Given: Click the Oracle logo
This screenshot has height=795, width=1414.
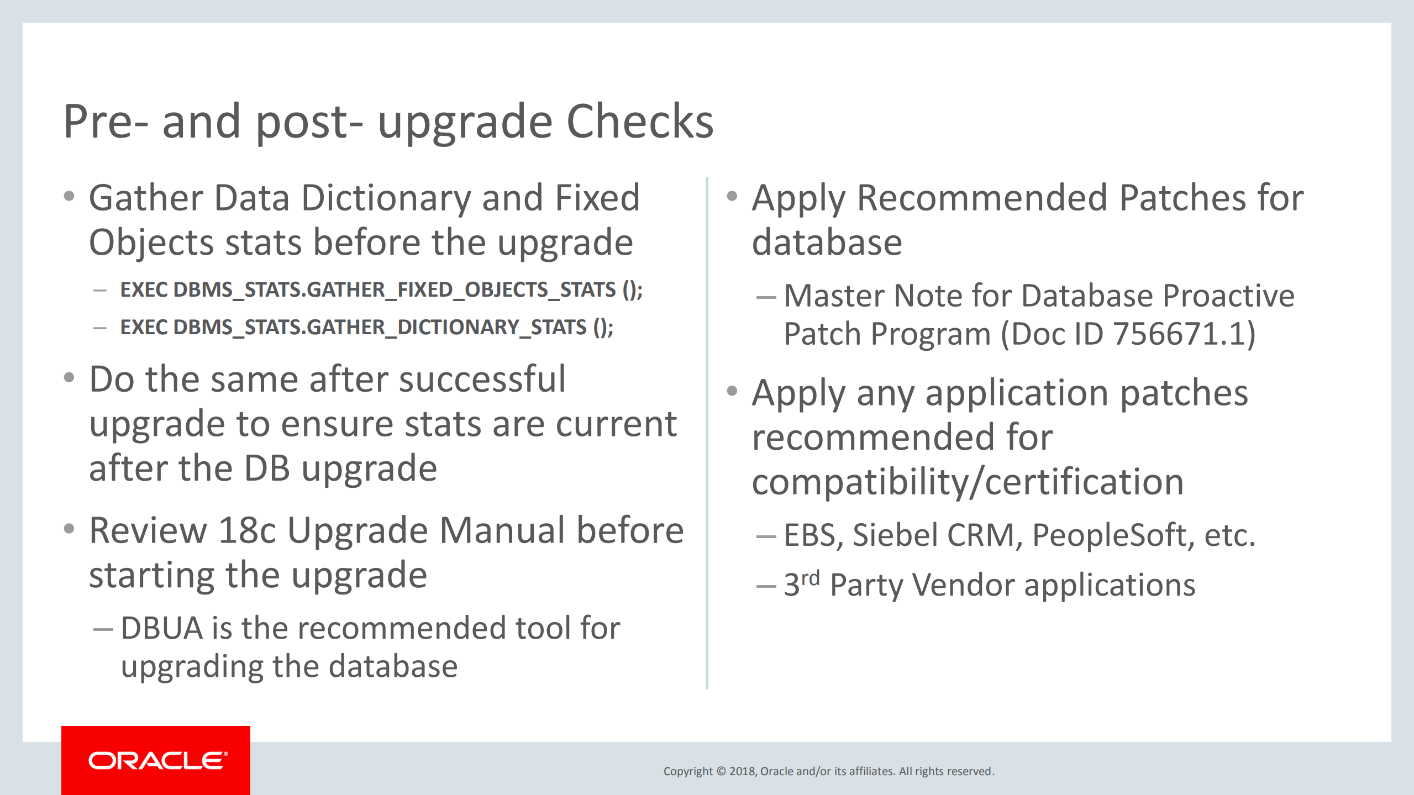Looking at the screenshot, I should coord(156,760).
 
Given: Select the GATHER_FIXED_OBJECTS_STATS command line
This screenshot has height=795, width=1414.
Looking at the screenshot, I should coord(381,290).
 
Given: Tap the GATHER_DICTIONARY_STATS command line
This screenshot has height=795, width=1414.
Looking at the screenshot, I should coord(366,328).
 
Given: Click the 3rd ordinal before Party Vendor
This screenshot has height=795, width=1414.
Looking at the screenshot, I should coord(801,583).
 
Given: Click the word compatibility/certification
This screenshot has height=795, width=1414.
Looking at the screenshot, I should coord(968,482).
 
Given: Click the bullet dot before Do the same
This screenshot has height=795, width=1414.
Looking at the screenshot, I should coord(69,378).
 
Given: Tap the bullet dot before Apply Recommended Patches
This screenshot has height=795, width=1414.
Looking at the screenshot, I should coord(732,196).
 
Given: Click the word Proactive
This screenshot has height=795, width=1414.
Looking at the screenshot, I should coord(1228,296).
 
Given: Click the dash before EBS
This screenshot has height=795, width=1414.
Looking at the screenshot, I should coord(766,536).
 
